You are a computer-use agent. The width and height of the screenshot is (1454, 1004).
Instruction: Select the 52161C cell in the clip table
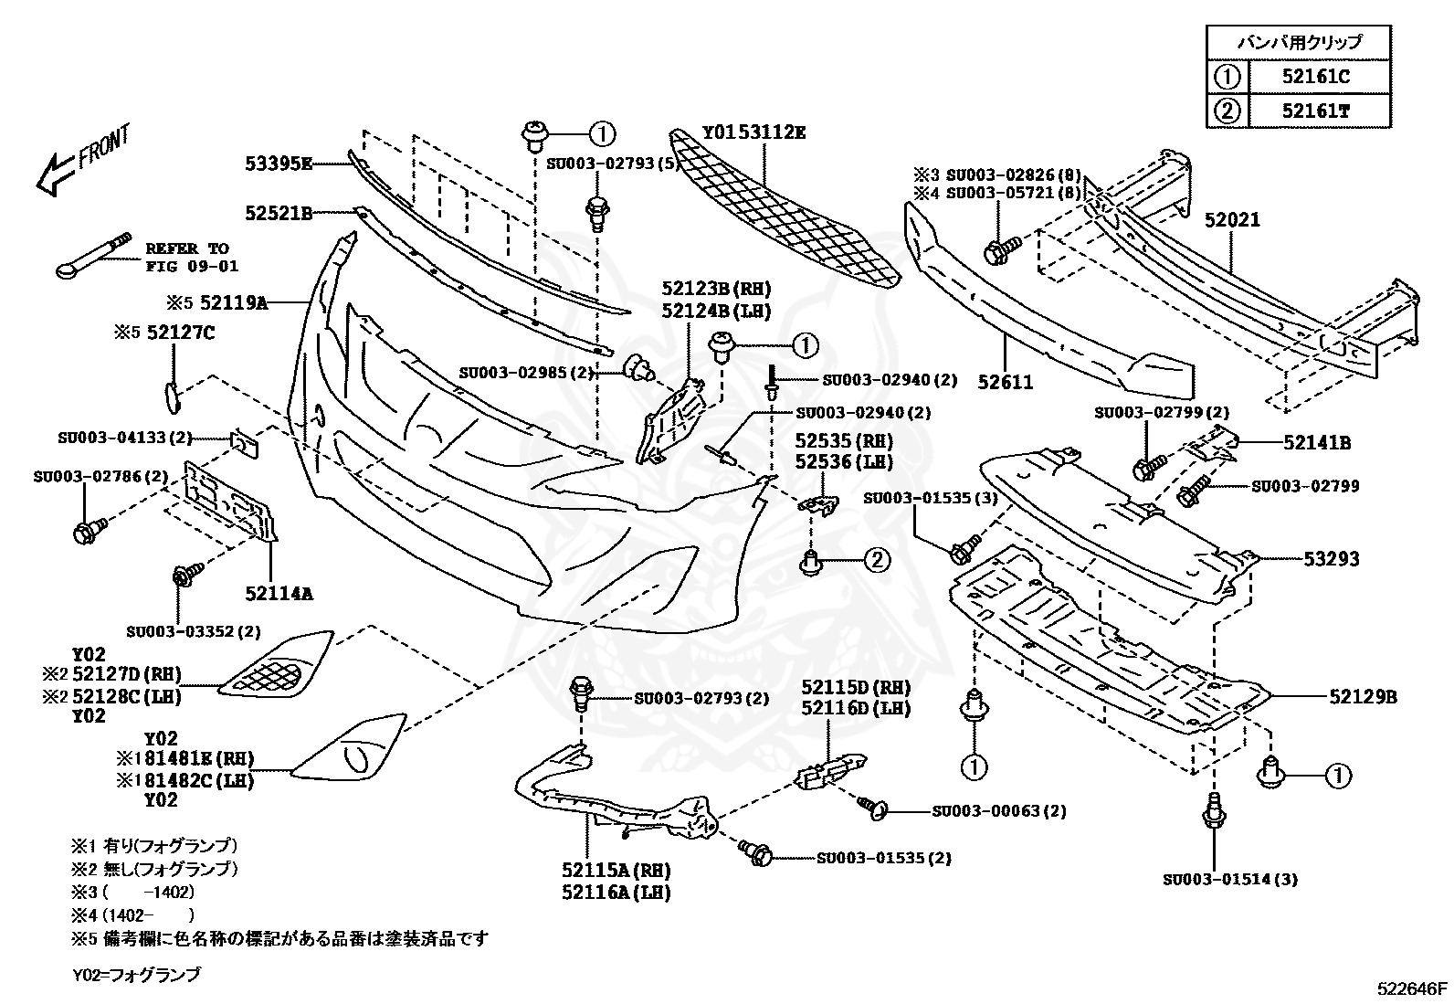[x=1316, y=77]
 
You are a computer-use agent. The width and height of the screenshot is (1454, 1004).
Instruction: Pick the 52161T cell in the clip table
[x=1316, y=111]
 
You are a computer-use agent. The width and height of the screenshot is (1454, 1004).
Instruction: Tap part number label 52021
[x=1232, y=220]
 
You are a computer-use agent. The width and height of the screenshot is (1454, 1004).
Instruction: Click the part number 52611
[x=1006, y=382]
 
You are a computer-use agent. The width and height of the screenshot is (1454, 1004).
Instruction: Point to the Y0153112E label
[x=754, y=133]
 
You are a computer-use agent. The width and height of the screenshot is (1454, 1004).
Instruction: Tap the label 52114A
[x=279, y=593]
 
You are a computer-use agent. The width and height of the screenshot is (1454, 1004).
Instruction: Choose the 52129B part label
[x=1364, y=697]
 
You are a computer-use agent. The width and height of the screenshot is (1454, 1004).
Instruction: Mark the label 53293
[x=1332, y=558]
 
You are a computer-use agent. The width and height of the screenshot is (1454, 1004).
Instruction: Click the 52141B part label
[x=1317, y=443]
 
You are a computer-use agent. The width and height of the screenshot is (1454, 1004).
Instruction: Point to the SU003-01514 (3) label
[x=1230, y=880]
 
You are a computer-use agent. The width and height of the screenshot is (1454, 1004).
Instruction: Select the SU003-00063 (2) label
[x=999, y=811]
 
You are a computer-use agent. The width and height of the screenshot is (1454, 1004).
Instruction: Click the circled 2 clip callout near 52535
[x=876, y=559]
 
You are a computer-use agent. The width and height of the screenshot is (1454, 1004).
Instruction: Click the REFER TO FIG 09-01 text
[x=192, y=258]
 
